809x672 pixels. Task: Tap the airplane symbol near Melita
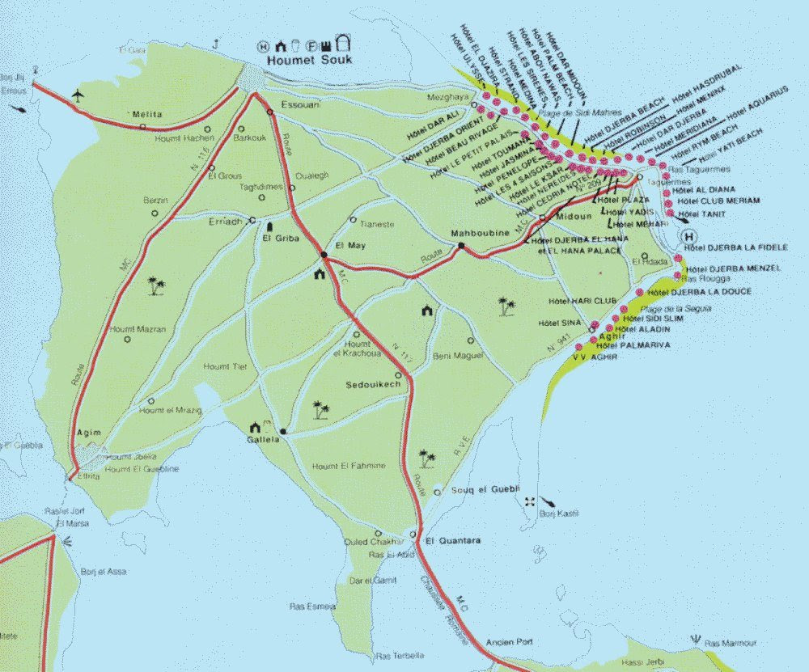point(78,95)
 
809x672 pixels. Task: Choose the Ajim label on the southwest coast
point(89,433)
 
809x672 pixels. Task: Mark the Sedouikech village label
point(373,384)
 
